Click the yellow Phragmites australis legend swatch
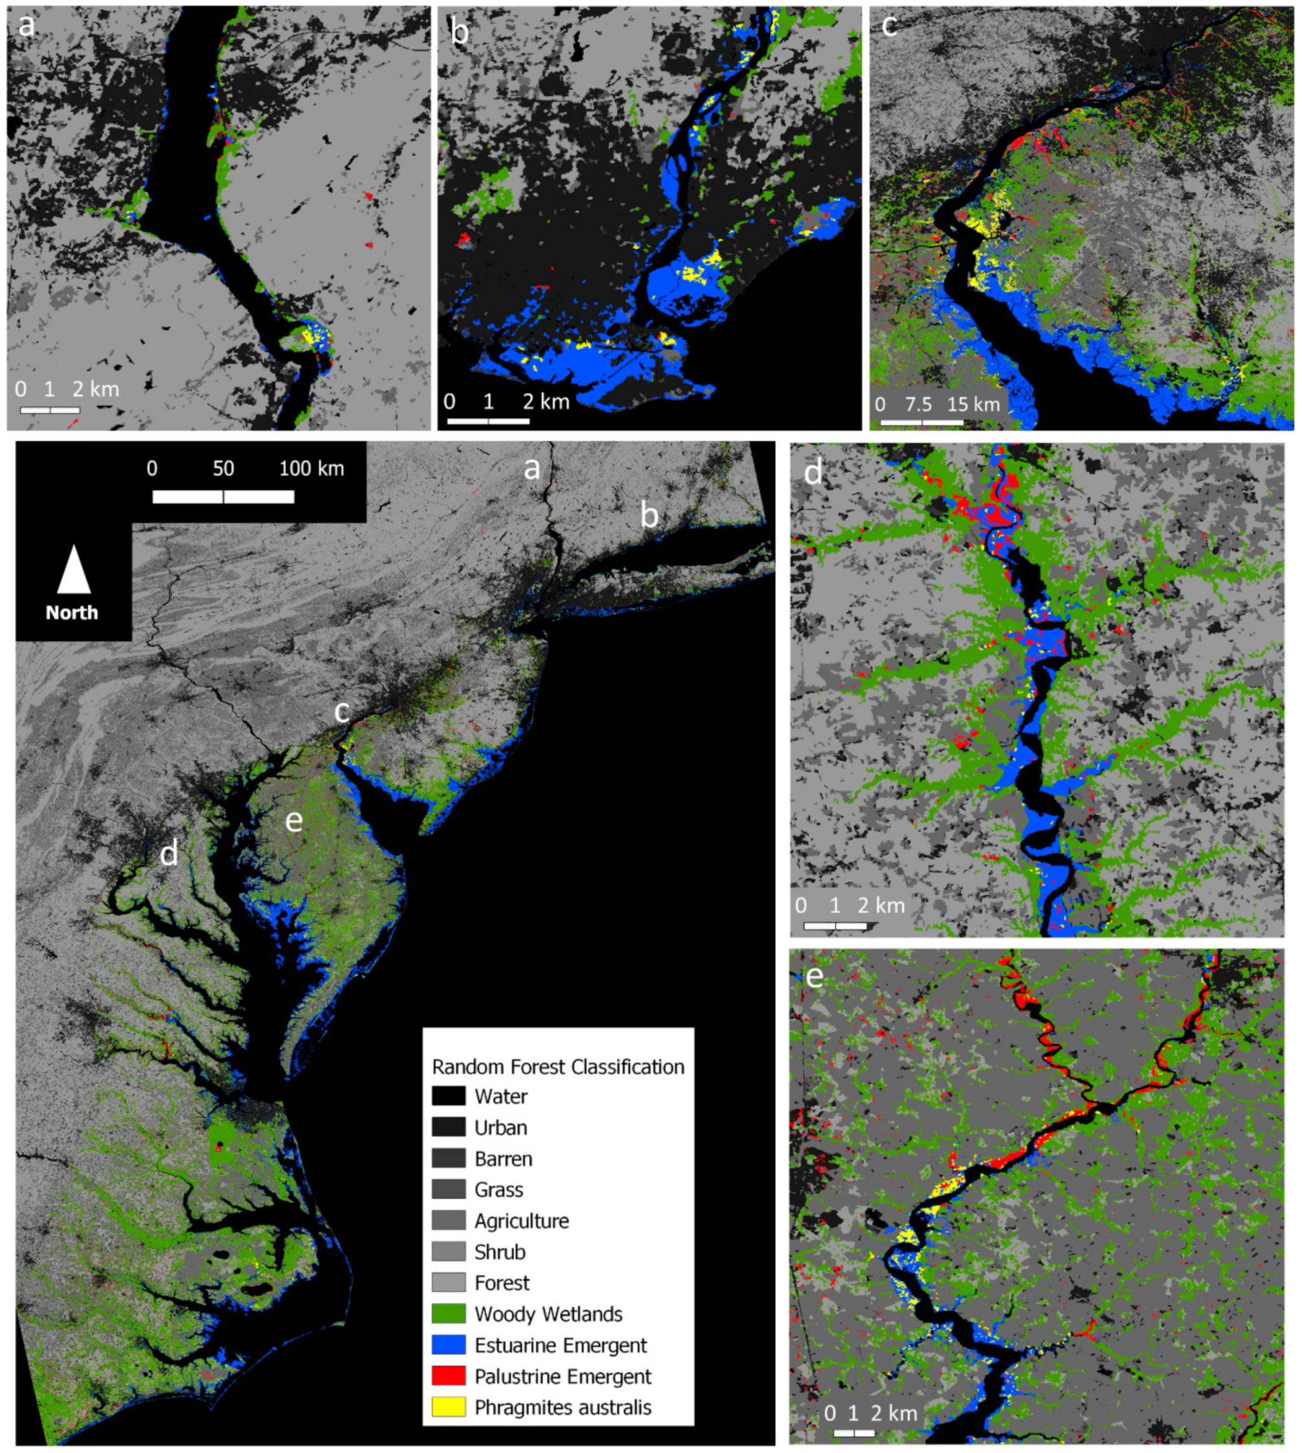click(x=448, y=1406)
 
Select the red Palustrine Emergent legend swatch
click(x=448, y=1376)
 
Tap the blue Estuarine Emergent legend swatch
click(x=448, y=1344)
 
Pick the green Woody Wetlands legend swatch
click(x=448, y=1314)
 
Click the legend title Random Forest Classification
click(x=558, y=1067)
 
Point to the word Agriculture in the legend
click(x=522, y=1220)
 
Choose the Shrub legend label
click(x=500, y=1252)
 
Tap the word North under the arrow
click(x=71, y=613)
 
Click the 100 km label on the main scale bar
click(x=311, y=469)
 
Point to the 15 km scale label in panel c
click(x=973, y=405)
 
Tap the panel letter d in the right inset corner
click(x=813, y=473)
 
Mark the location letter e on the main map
click(x=294, y=820)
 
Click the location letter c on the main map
click(x=343, y=712)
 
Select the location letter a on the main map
click(x=531, y=469)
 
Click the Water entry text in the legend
click(x=501, y=1096)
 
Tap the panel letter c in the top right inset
click(x=889, y=26)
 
